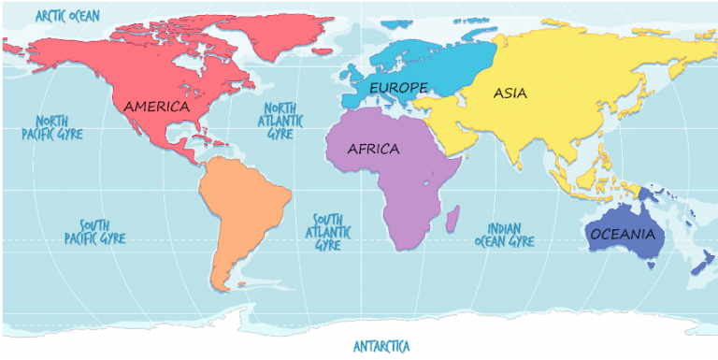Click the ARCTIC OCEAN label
(x=67, y=15)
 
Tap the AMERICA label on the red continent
(x=156, y=106)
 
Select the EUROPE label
(x=398, y=87)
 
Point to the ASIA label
(x=510, y=93)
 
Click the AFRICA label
(x=373, y=149)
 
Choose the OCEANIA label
(x=623, y=234)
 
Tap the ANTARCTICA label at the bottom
(x=381, y=346)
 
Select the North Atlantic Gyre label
(x=280, y=121)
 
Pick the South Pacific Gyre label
(x=94, y=232)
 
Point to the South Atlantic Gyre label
(x=332, y=231)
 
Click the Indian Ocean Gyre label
(x=505, y=234)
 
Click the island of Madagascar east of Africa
(x=453, y=221)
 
